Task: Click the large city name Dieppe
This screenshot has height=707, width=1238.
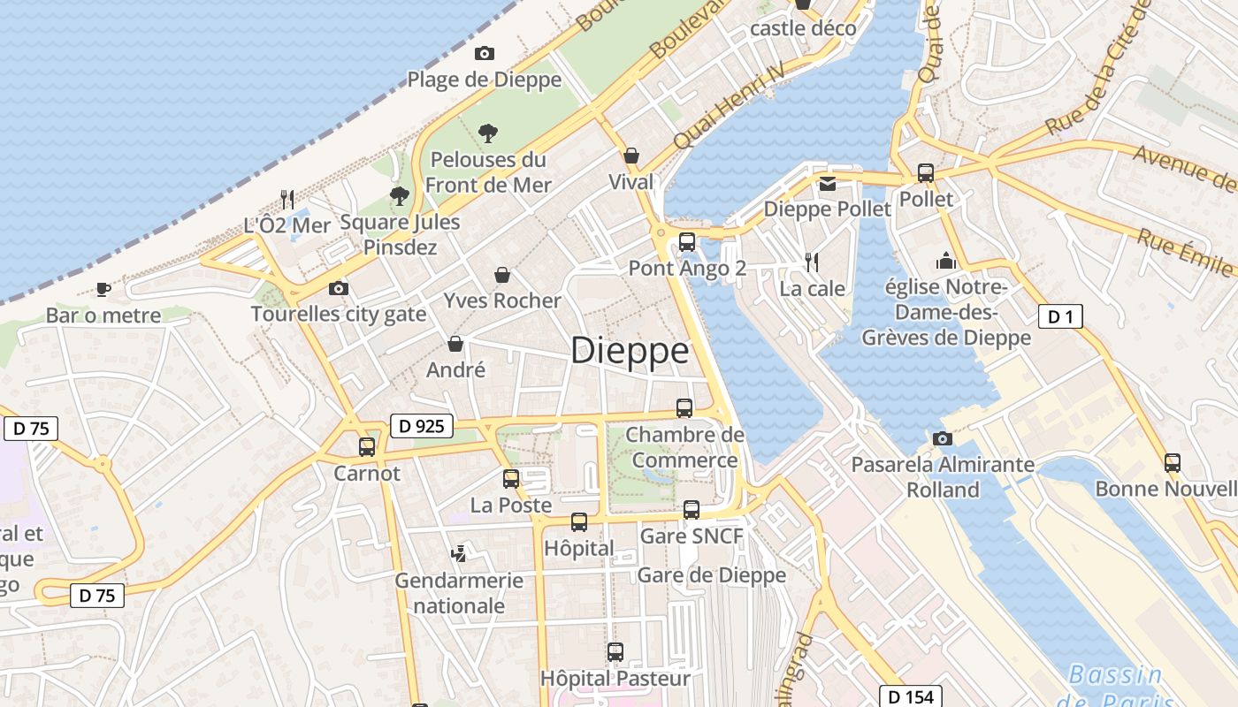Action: click(x=630, y=351)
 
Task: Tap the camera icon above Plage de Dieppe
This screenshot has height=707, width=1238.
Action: click(x=484, y=53)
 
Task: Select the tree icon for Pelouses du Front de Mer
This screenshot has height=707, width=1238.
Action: click(x=487, y=133)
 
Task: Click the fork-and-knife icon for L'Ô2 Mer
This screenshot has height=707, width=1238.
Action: click(x=287, y=199)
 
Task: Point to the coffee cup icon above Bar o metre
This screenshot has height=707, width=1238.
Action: click(x=103, y=289)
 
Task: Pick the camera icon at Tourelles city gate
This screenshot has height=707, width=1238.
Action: click(x=338, y=288)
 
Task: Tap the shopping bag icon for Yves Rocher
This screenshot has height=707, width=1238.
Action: click(x=502, y=275)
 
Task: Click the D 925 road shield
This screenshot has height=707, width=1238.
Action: click(x=422, y=426)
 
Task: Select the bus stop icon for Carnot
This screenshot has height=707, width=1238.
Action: click(x=367, y=447)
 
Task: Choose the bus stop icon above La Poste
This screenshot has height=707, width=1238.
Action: click(x=511, y=479)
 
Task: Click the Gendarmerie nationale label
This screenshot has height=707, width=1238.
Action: click(x=459, y=593)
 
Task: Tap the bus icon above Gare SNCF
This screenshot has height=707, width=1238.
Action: click(x=692, y=510)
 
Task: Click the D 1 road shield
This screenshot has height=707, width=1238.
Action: click(x=1060, y=316)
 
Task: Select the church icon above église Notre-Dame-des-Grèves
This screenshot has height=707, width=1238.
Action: click(x=946, y=261)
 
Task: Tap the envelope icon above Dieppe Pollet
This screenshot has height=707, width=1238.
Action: click(x=828, y=184)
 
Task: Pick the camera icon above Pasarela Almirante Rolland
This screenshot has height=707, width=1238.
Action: click(x=943, y=438)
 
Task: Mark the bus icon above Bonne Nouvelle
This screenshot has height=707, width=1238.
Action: click(x=1173, y=462)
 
